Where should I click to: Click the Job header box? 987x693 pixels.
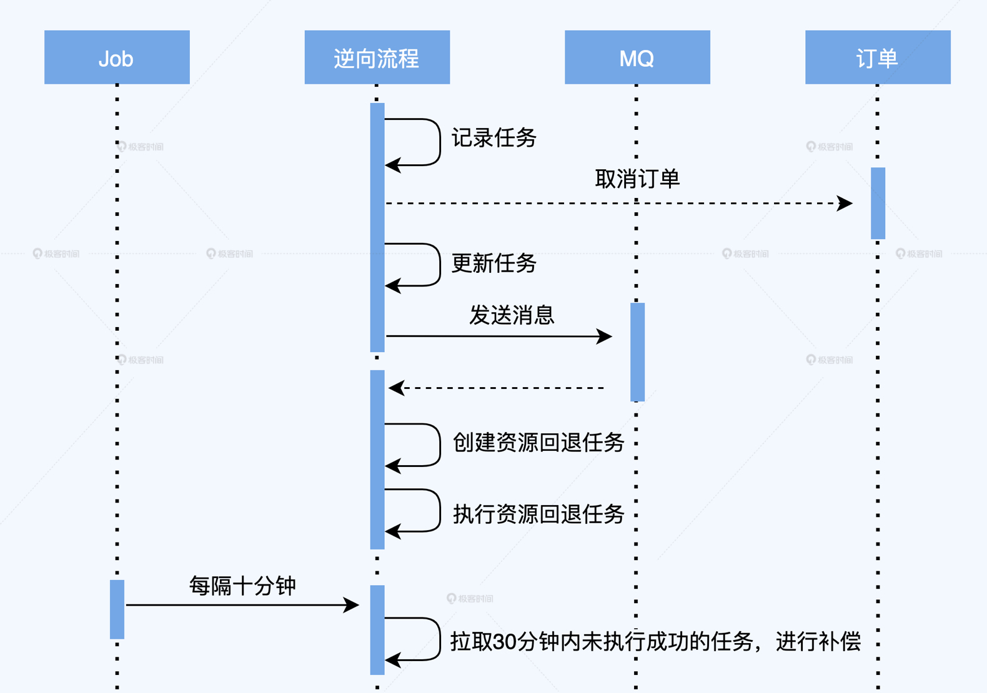coord(117,57)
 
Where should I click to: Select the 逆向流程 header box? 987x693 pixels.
coord(377,57)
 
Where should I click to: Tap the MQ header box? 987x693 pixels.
coord(637,57)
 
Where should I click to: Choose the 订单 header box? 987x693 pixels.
coord(878,57)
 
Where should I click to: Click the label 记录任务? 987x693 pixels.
coord(494,138)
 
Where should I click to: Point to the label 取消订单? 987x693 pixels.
coord(637,179)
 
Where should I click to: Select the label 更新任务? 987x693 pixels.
coord(494,263)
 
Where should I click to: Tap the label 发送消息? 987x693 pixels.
coord(512,315)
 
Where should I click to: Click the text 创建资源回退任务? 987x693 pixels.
coord(538,443)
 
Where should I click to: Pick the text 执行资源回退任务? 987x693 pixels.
coord(538,514)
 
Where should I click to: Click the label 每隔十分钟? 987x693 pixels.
coord(242,586)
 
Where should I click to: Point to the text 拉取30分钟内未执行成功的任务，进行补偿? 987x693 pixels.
coord(655,642)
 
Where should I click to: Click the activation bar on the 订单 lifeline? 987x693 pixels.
coord(878,203)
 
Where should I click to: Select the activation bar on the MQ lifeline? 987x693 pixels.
coord(637,351)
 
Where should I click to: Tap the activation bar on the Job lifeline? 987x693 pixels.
coord(117,609)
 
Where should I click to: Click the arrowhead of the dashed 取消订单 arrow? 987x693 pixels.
coord(846,203)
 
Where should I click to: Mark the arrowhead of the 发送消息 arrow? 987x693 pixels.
coord(605,337)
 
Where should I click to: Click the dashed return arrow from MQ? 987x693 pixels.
coord(500,388)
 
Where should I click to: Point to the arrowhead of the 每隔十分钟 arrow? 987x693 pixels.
coord(352,604)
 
